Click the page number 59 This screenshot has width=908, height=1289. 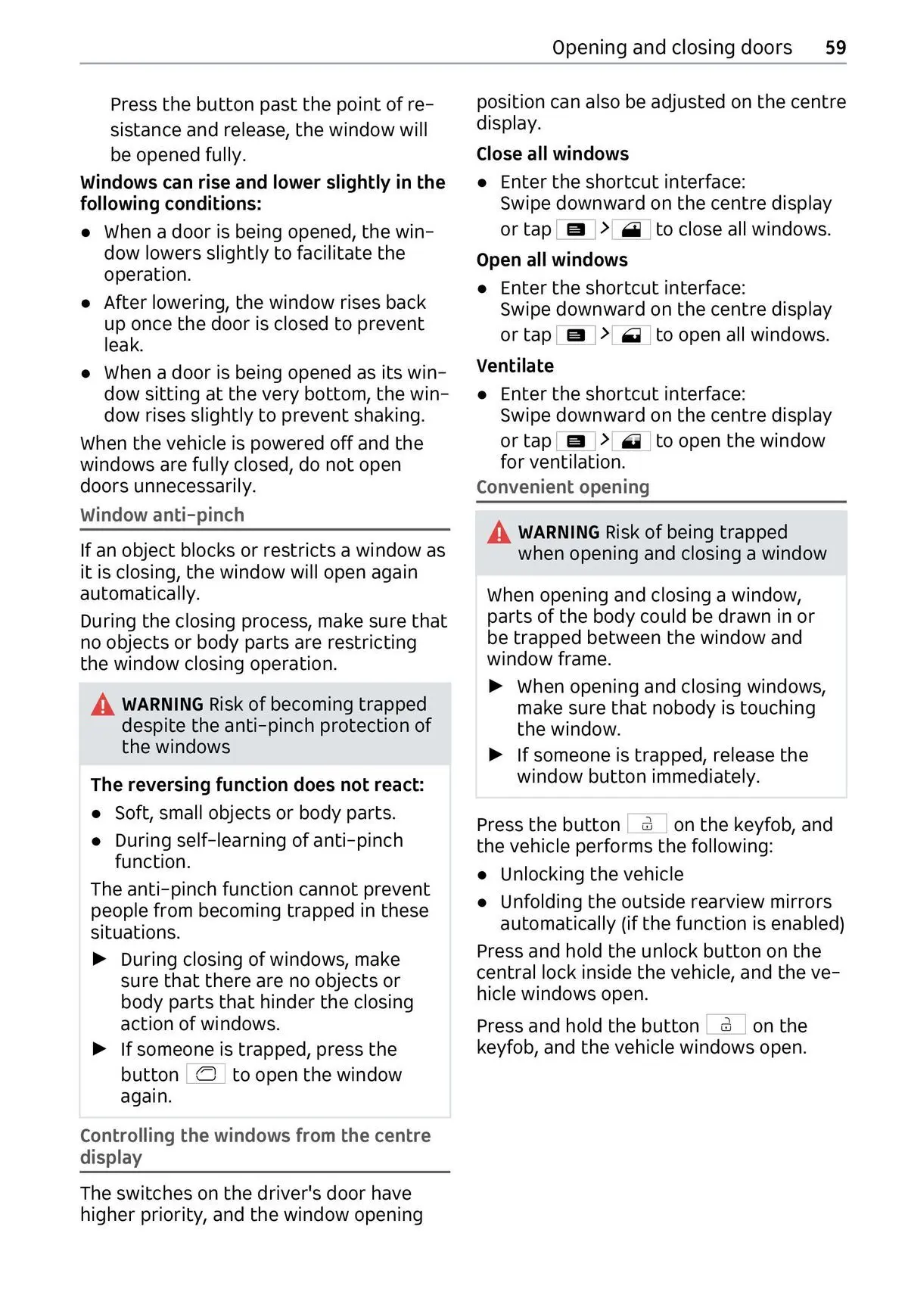point(835,48)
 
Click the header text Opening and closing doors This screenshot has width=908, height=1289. point(672,48)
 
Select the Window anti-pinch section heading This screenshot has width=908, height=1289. point(162,515)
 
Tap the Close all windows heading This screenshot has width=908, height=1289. point(552,154)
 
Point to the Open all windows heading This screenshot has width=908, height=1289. point(552,260)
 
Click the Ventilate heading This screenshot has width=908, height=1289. point(515,366)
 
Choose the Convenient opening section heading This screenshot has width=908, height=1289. point(562,487)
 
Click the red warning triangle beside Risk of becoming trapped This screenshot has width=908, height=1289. point(102,705)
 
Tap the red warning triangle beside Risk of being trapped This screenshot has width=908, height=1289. point(499,533)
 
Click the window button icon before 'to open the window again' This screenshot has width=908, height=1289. point(206,1074)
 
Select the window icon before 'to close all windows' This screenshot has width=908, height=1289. point(631,229)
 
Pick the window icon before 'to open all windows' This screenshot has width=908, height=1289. point(631,335)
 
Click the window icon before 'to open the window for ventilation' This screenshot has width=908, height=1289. point(631,441)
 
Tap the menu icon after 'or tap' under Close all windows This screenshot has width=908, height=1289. point(575,229)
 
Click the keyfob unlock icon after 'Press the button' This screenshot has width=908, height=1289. point(647,824)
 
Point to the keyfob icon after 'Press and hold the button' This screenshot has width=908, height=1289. point(726,1026)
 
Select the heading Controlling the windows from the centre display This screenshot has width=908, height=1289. point(255,1146)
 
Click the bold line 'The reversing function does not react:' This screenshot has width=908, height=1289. point(257,785)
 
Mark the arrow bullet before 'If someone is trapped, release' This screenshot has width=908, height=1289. point(496,755)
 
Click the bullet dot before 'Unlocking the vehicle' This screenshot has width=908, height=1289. point(483,875)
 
